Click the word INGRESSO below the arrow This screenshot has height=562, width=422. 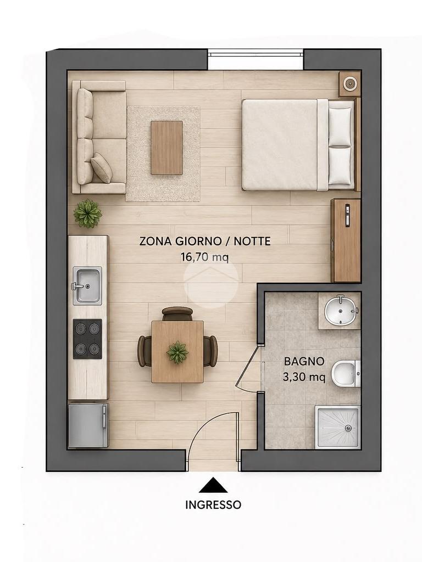(213, 505)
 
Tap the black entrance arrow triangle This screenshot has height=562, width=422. (214, 485)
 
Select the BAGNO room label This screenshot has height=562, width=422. (304, 361)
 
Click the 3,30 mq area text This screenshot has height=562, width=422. (304, 377)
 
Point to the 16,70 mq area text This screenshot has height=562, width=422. (204, 257)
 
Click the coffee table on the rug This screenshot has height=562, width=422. (166, 148)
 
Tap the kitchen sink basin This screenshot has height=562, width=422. (87, 285)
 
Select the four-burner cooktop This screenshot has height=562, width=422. (87, 339)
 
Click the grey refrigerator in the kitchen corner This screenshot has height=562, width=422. (88, 425)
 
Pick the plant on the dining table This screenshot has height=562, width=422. (177, 352)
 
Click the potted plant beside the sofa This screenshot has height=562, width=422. (87, 213)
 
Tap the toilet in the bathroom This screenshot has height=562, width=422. (346, 373)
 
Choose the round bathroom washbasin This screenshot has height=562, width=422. (341, 310)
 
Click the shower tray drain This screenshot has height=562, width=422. (348, 428)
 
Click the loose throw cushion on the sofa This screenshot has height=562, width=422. (101, 168)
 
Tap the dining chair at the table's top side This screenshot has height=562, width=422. (177, 313)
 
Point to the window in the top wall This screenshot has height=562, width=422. (256, 54)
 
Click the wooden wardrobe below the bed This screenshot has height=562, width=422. (346, 240)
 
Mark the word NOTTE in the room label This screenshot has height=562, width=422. (252, 241)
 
